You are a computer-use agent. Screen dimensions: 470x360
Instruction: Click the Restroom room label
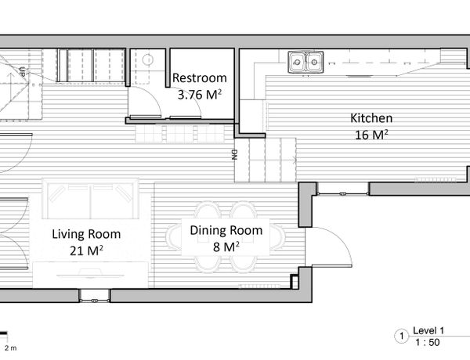coord(199,78)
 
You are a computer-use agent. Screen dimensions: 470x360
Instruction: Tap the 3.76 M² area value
coord(199,95)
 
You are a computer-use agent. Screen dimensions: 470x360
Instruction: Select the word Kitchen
coord(371,118)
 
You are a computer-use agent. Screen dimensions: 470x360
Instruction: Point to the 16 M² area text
coord(371,135)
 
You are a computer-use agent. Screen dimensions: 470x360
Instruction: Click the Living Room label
coord(86,234)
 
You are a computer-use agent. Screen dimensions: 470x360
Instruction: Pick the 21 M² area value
coord(86,250)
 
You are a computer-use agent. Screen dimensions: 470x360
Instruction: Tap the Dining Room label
coord(226,230)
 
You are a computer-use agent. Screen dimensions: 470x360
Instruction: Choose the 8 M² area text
coord(226,247)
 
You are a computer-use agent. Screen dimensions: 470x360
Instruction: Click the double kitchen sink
coord(305,62)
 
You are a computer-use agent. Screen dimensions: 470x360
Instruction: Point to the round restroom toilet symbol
coord(148,60)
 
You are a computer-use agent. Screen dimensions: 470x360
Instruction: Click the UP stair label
coord(22,72)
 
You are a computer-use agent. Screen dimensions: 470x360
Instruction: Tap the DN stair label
coord(234,154)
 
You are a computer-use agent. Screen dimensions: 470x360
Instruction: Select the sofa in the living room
coord(91,199)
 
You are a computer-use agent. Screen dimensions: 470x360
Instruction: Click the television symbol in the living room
coord(91,273)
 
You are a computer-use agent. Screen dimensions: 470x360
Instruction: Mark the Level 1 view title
coord(428,330)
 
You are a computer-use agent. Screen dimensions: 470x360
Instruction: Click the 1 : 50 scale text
coord(428,342)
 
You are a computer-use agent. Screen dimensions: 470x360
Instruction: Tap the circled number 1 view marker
coord(401,337)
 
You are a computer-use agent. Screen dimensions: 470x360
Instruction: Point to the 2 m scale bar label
coord(10,348)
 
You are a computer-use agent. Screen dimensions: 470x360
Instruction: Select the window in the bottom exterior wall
coord(95,296)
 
